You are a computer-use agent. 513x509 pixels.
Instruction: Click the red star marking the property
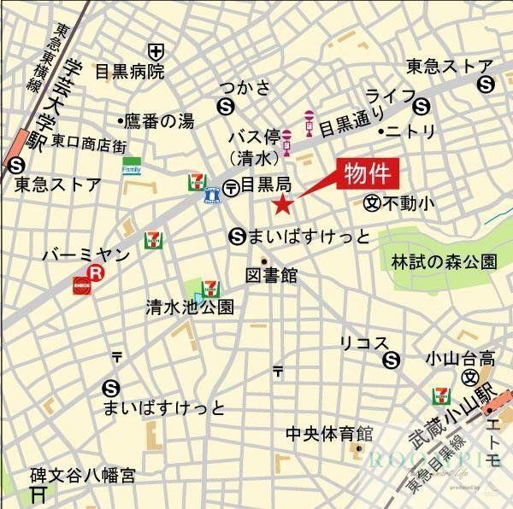click(282, 203)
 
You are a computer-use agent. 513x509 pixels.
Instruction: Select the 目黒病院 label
click(129, 72)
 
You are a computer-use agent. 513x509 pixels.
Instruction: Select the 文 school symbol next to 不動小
click(371, 203)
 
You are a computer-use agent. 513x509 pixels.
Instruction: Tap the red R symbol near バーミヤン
click(97, 274)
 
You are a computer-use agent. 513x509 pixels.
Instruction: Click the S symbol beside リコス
click(392, 360)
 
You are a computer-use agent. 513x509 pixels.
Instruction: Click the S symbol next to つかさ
click(226, 106)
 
